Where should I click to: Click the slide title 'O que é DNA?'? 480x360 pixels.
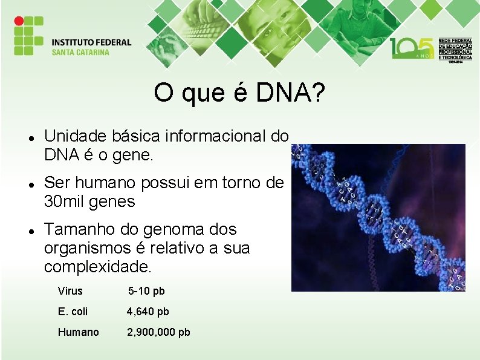coord(239,93)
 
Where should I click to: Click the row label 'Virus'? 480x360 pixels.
coord(70,291)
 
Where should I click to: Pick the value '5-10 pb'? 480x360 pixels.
coord(146,291)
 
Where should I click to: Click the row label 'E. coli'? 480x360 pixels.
coord(73,312)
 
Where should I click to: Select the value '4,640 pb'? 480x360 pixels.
coord(148,312)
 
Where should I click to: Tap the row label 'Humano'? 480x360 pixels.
coord(78,332)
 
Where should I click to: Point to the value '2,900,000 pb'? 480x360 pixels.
coord(158,332)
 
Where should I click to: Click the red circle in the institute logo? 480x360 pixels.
coord(19,21)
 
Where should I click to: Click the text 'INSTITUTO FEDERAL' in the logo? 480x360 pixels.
coord(91,42)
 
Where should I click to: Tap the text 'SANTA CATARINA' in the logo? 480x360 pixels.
coord(80,52)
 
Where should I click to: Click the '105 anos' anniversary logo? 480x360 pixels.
coord(411,48)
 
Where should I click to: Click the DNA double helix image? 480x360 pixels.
coord(378,218)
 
